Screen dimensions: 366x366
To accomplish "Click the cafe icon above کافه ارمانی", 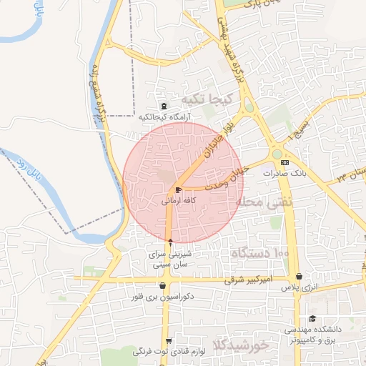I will (x=177, y=189).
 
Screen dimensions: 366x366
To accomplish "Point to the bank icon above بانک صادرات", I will (x=285, y=162).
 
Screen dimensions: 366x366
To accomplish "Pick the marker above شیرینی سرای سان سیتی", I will (x=170, y=242).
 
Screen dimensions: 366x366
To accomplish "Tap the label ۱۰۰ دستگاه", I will (x=259, y=253).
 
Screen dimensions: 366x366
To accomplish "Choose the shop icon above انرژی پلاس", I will (x=298, y=276).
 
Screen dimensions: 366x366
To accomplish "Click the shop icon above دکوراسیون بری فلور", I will (x=164, y=285).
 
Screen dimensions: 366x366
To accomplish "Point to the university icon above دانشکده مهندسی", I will (x=312, y=319).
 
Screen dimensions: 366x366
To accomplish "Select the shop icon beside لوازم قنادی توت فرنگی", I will (x=169, y=342).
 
